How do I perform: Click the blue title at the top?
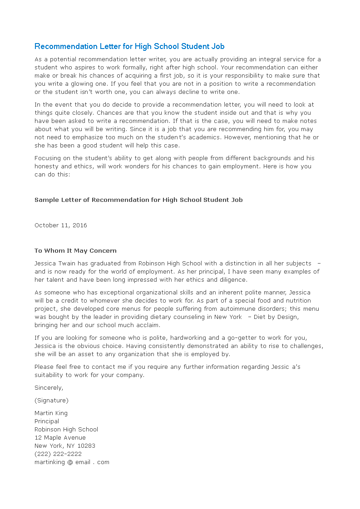pos(129,46)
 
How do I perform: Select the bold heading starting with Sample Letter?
pos(138,200)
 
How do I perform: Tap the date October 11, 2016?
pos(61,225)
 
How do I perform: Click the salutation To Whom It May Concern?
pos(75,250)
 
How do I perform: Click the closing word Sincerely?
pos(49,388)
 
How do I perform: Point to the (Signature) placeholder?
pos(51,401)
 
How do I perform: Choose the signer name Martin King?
pos(51,413)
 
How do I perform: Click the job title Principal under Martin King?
pos(47,421)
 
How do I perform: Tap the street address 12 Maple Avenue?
pos(60,438)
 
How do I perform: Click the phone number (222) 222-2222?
pos(58,454)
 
